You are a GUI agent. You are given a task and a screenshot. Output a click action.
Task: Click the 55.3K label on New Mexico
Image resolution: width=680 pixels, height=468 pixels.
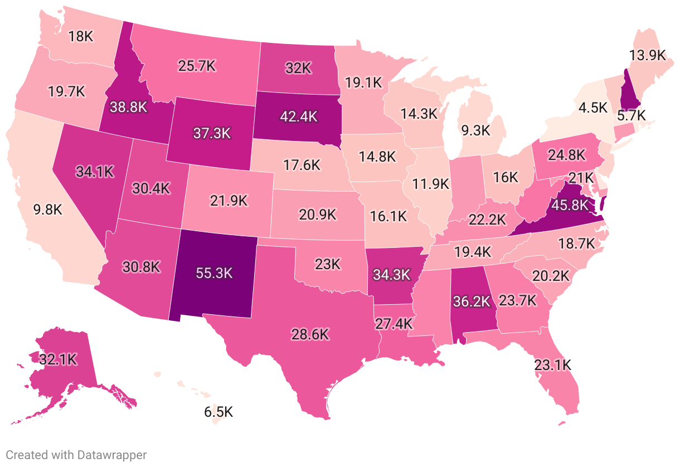tap(214, 273)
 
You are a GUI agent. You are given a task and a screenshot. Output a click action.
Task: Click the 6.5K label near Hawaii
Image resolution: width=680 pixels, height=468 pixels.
tap(218, 412)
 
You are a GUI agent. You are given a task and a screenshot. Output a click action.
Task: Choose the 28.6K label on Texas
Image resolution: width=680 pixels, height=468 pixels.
tap(310, 334)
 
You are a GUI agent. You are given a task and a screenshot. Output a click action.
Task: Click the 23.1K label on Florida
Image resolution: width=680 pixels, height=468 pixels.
tap(552, 365)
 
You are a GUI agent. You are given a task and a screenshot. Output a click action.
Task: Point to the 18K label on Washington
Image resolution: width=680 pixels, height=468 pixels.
tap(81, 36)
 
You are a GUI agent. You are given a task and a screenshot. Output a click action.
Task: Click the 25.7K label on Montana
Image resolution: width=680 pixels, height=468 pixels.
tap(197, 65)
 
